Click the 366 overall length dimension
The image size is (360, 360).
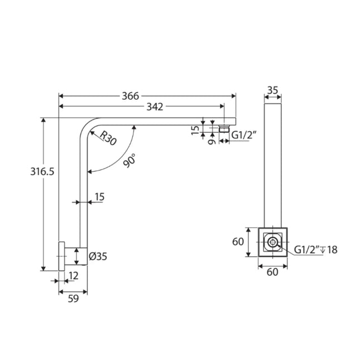[x=131, y=96]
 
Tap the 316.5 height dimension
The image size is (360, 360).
[x=42, y=172]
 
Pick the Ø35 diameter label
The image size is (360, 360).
[x=98, y=257]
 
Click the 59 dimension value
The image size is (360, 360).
[x=73, y=299]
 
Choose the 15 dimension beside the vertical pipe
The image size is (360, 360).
[x=99, y=196]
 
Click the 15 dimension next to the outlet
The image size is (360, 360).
[x=195, y=129]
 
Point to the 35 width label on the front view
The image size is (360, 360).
[x=272, y=90]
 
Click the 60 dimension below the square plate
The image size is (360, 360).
[x=273, y=272]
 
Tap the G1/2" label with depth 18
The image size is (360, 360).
[x=316, y=249]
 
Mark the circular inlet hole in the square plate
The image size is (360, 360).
[x=272, y=242]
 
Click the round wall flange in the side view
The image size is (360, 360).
[x=62, y=257]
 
